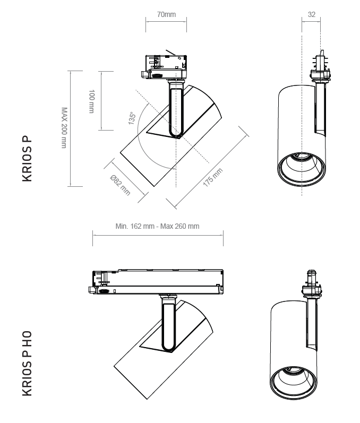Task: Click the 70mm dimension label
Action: pyautogui.click(x=166, y=14)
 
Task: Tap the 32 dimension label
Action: pyautogui.click(x=312, y=14)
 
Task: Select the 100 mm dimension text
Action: pyautogui.click(x=92, y=101)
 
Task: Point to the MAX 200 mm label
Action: pyautogui.click(x=64, y=127)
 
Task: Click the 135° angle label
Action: pyautogui.click(x=132, y=118)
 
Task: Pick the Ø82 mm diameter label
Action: pyautogui.click(x=121, y=185)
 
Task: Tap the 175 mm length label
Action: pyautogui.click(x=212, y=177)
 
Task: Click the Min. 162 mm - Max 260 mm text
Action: pyautogui.click(x=157, y=226)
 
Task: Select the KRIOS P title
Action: pyautogui.click(x=27, y=158)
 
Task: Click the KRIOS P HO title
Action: pyautogui.click(x=27, y=364)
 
